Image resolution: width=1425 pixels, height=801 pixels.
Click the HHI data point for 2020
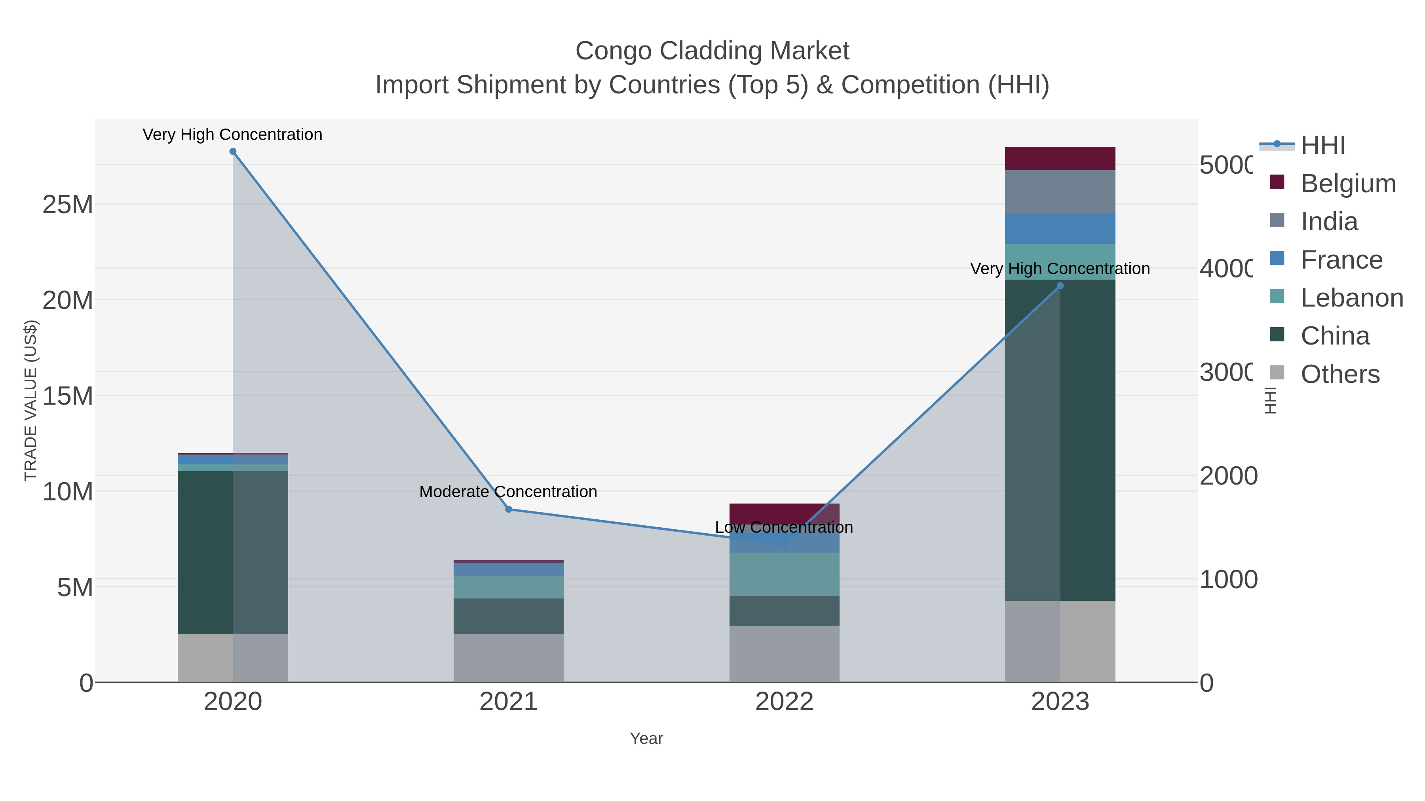pyautogui.click(x=232, y=151)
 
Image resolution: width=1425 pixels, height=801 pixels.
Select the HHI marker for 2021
pyautogui.click(x=508, y=509)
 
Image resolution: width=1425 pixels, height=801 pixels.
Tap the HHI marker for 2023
pyautogui.click(x=1060, y=286)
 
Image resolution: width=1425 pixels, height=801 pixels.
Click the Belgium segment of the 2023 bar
pyautogui.click(x=1060, y=159)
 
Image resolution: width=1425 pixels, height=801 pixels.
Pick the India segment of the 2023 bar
pyautogui.click(x=1060, y=191)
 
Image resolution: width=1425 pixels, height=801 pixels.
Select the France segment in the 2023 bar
pyautogui.click(x=1060, y=228)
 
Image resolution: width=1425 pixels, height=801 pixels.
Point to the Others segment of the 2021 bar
pyautogui.click(x=508, y=657)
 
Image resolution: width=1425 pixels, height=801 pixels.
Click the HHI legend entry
pyautogui.click(x=1322, y=146)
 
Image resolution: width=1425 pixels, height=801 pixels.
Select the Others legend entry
pyautogui.click(x=1339, y=374)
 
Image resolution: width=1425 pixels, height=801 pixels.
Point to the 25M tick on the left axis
pyautogui.click(x=67, y=205)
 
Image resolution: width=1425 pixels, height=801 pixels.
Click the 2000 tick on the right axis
pyautogui.click(x=1228, y=476)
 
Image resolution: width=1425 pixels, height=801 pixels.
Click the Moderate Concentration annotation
pyautogui.click(x=508, y=491)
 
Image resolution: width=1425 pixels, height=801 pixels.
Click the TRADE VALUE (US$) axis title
pyautogui.click(x=31, y=400)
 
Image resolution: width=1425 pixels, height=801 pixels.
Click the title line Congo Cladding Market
pyautogui.click(x=712, y=51)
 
